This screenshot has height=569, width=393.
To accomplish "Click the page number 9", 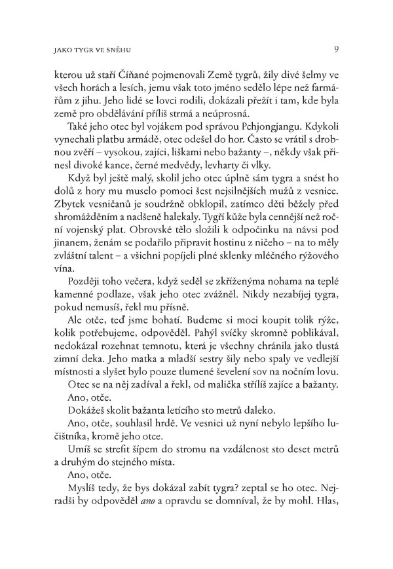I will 335,48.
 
